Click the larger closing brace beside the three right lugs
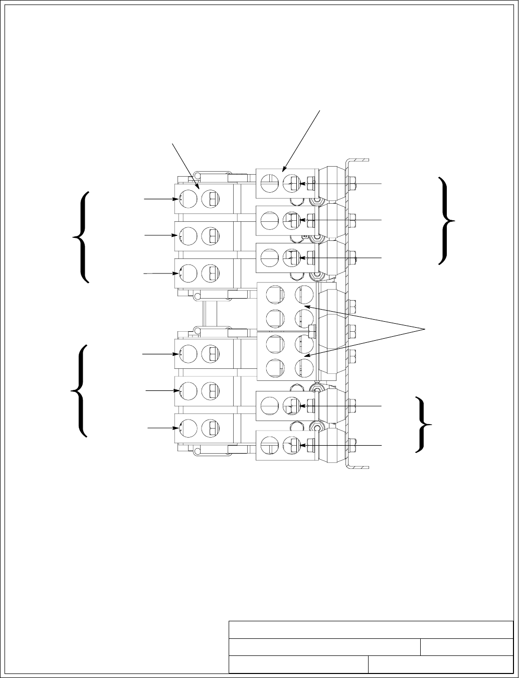click(447, 220)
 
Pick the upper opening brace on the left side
click(82, 236)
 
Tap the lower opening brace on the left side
click(80, 390)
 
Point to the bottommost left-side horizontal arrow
click(163, 428)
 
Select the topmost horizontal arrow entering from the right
click(341, 184)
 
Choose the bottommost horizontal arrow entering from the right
click(341, 445)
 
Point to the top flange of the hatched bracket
click(358, 160)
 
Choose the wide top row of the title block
click(371, 630)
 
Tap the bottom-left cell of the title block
click(298, 664)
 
